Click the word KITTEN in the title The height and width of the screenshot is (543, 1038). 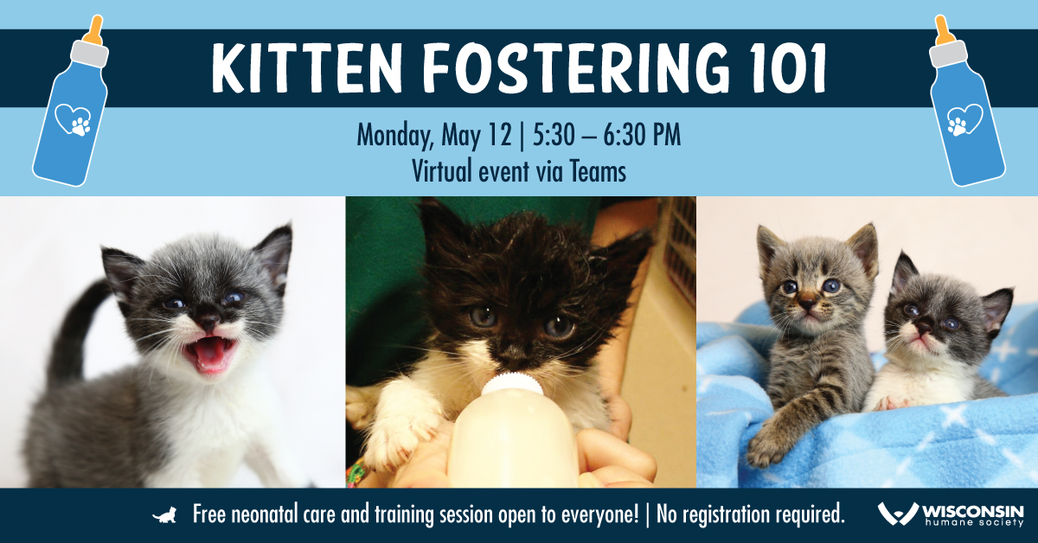click(307, 68)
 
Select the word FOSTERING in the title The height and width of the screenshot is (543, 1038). click(576, 68)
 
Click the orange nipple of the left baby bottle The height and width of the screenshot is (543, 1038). click(95, 29)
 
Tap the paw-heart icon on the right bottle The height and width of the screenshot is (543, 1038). click(964, 120)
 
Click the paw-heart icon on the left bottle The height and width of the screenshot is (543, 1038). click(74, 120)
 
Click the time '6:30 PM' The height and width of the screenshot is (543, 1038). click(642, 135)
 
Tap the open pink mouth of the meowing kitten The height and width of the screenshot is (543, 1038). click(210, 354)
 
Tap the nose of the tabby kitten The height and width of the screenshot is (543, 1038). click(807, 304)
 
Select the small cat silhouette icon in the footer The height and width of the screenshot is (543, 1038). click(165, 515)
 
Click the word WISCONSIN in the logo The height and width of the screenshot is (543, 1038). click(972, 512)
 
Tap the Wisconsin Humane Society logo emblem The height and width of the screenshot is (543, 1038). click(898, 514)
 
